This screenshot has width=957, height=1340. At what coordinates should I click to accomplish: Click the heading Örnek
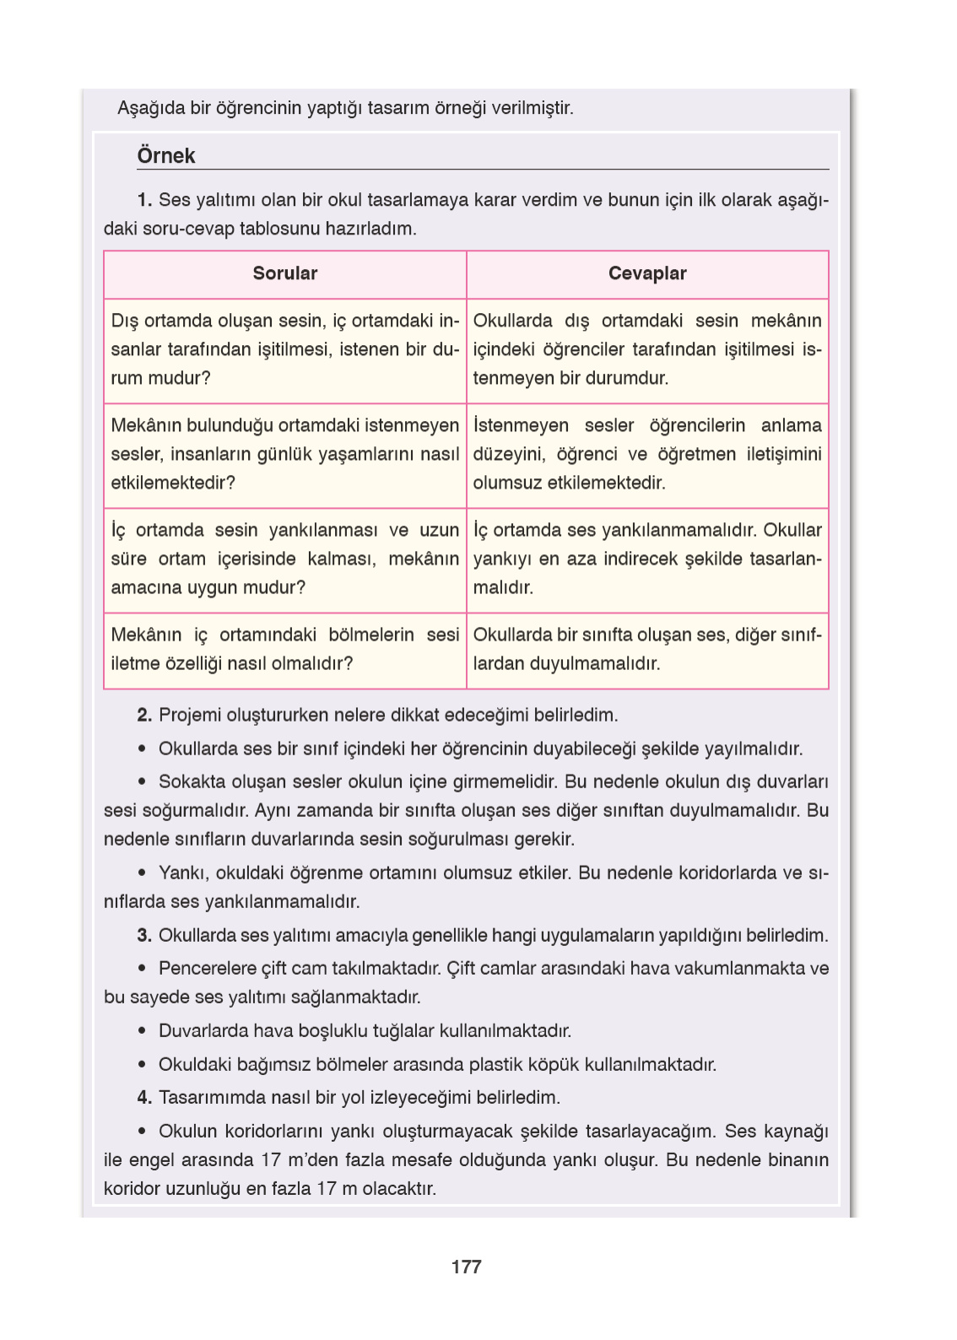coord(165,156)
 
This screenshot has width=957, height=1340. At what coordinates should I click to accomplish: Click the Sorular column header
coord(284,273)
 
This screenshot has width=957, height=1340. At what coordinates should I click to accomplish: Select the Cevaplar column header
coord(647,273)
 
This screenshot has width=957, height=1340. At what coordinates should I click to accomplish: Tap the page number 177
coord(466,1267)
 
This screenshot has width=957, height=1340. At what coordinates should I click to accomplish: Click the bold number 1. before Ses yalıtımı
coord(144,200)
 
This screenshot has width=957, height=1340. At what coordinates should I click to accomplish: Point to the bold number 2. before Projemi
coord(144,716)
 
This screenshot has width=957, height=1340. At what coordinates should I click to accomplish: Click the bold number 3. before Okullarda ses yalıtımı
coord(144,936)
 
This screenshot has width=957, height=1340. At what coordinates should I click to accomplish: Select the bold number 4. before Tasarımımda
coord(144,1098)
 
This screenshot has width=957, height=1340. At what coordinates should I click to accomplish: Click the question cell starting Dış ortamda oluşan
coord(284,349)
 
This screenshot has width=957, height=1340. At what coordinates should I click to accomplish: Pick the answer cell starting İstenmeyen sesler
coord(646,454)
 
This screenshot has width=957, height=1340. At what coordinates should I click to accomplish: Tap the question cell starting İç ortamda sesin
coord(284,559)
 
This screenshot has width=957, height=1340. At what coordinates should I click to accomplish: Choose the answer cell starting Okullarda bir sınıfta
coord(646,649)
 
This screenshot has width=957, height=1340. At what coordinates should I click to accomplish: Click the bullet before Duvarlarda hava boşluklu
coord(142,1031)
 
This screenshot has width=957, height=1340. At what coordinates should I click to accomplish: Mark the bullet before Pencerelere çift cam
coord(142,969)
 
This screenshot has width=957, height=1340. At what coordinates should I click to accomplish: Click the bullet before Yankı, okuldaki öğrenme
coord(142,873)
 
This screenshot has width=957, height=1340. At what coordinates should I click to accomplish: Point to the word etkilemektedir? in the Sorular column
coord(172,483)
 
